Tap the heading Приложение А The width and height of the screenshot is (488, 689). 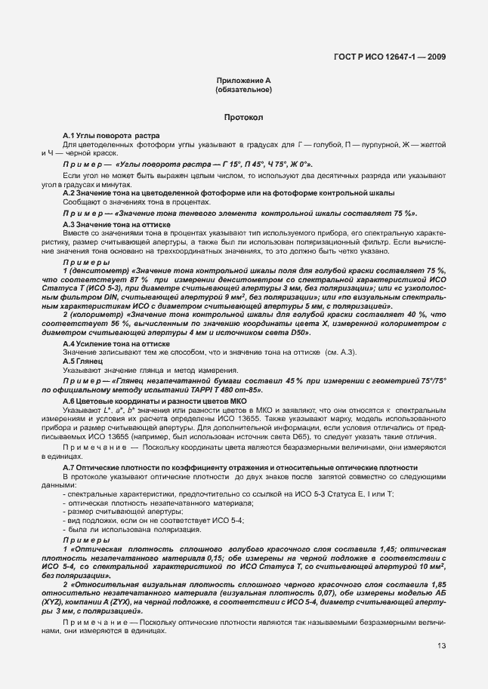click(243, 80)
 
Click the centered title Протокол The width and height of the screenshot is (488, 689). click(243, 118)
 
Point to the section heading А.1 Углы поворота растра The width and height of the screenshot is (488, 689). click(110, 135)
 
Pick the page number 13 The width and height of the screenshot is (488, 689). click(440, 645)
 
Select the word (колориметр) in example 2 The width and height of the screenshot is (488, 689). click(97, 312)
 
